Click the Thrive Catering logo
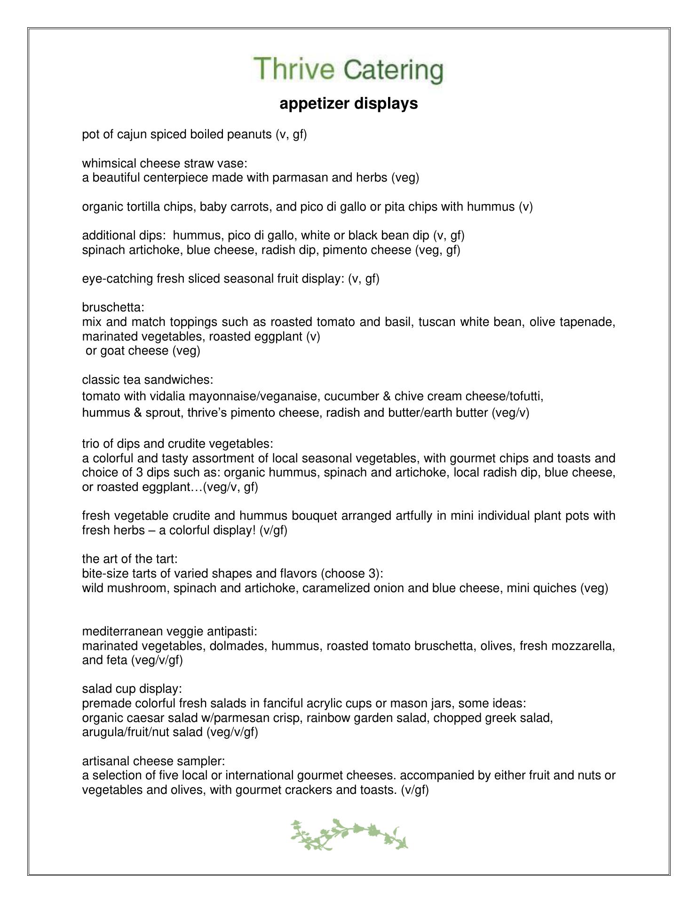coord(349,70)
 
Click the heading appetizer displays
coord(349,103)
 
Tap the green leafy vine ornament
coord(349,834)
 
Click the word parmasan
coord(300,178)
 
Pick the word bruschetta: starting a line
coord(113,308)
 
